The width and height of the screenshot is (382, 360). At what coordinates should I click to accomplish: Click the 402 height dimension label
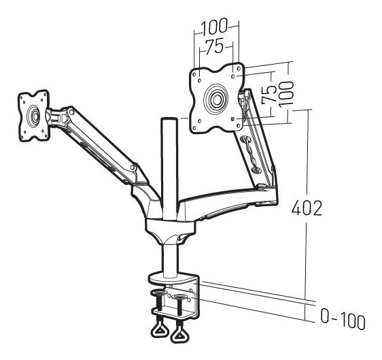coord(307,208)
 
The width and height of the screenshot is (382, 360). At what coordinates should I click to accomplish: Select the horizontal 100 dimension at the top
coord(214,26)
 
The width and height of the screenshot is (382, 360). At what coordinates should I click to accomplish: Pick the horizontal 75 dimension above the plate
coord(214,47)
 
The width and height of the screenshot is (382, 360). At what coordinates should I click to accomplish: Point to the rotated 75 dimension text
coord(269,94)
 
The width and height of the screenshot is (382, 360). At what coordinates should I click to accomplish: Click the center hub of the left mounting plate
coord(35,116)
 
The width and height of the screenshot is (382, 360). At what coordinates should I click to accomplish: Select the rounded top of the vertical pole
coord(169,120)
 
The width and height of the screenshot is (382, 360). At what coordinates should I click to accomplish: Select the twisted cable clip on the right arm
coord(249,154)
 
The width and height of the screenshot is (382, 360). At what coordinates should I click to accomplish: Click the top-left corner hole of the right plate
coord(194,74)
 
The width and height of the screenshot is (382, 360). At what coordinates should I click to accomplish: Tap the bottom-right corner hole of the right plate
coord(239,126)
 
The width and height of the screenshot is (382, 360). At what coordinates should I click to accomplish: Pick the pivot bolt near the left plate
coord(71,112)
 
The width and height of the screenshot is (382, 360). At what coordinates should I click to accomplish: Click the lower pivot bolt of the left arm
coord(133,167)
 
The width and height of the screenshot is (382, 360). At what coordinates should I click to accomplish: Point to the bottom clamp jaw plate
coord(173,313)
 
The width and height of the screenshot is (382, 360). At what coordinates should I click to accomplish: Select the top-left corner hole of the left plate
coord(22,97)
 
